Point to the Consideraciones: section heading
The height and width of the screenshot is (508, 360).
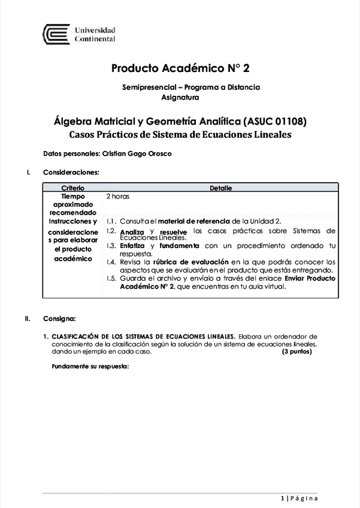click(x=71, y=173)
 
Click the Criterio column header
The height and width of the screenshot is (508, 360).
click(x=73, y=188)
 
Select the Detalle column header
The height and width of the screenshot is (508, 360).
click(x=220, y=188)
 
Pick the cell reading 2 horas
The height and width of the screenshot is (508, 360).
click(x=118, y=196)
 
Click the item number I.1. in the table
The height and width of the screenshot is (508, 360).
click(x=111, y=221)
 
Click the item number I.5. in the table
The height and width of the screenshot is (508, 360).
click(x=111, y=279)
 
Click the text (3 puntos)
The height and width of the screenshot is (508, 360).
click(x=297, y=352)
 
